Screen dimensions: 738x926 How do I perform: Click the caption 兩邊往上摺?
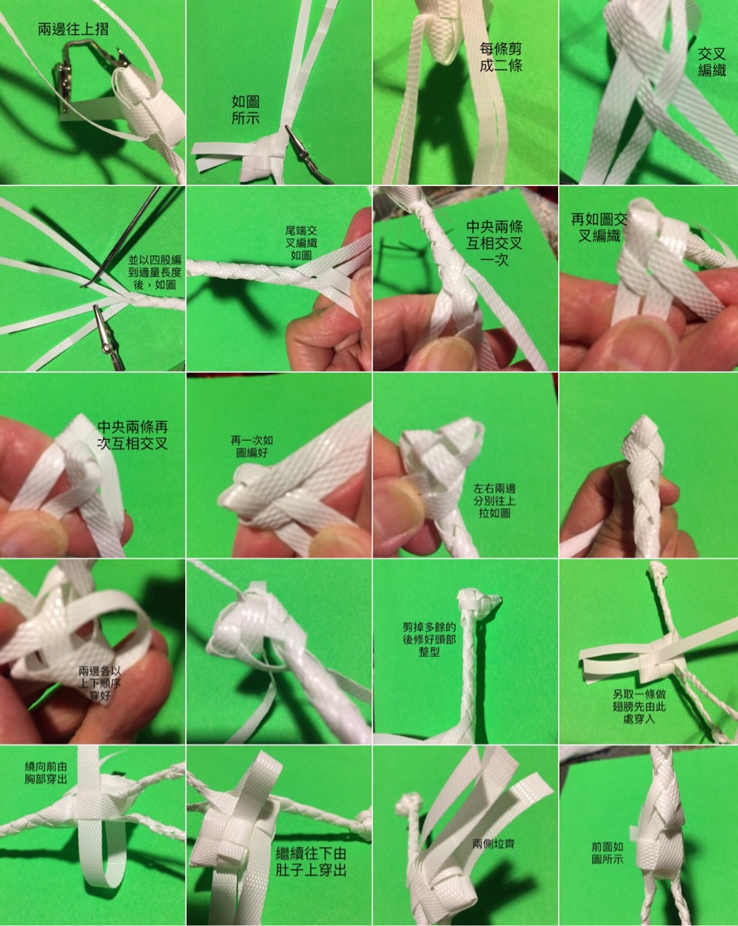point(73,29)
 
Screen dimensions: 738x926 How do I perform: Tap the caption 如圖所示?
point(245,110)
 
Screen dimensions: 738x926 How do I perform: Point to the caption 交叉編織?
point(712,62)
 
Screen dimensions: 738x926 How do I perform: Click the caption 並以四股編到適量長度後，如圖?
point(155,272)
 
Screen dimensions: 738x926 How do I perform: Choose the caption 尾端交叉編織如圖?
point(301,243)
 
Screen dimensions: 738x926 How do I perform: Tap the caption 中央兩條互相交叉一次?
point(494,243)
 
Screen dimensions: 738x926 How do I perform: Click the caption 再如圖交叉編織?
point(599,228)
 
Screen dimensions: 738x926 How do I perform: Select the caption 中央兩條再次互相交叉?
point(133,435)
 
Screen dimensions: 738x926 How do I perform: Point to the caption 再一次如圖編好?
point(252,446)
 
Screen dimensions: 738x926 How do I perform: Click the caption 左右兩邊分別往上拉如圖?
point(494,501)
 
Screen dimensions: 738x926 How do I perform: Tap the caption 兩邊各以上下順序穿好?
point(99,683)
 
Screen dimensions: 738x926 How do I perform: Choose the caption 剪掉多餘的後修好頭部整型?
point(428,639)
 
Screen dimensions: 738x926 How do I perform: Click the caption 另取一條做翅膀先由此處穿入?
point(639,706)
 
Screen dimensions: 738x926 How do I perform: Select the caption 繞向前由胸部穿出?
point(46,772)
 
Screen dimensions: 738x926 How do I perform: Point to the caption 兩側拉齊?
point(493,844)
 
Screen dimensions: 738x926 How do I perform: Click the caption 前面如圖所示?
point(607,853)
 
